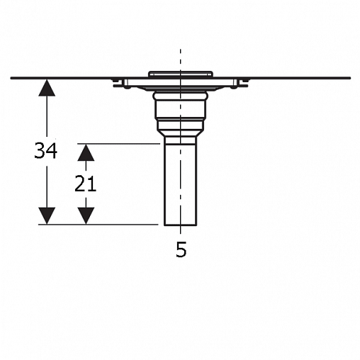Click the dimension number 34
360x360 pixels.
[x=46, y=150]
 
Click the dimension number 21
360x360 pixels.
[x=85, y=184]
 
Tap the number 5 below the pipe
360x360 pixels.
[x=181, y=249]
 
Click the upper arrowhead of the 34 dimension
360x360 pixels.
[x=47, y=88]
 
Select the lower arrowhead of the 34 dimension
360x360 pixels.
[x=47, y=216]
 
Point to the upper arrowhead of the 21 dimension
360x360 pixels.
[x=86, y=152]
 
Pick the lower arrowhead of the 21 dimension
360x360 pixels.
[x=86, y=216]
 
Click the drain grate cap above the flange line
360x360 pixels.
[x=181, y=74]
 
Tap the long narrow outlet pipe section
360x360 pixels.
[x=181, y=185]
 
